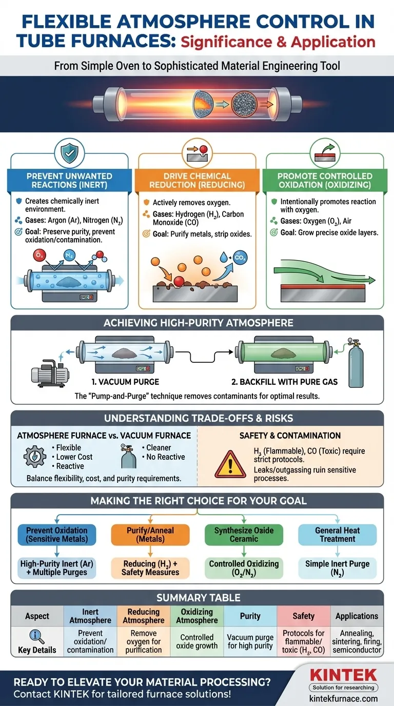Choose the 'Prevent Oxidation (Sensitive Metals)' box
pyautogui.click(x=57, y=534)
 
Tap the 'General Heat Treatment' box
pyautogui.click(x=338, y=534)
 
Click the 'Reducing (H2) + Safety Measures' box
pyautogui.click(x=150, y=567)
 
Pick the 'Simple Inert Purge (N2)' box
pyautogui.click(x=338, y=567)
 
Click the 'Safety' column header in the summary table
pyautogui.click(x=303, y=616)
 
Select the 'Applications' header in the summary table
pyautogui.click(x=357, y=616)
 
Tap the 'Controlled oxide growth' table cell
pyautogui.click(x=197, y=641)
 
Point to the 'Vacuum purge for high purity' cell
pyautogui.click(x=250, y=641)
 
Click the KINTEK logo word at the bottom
pyautogui.click(x=343, y=675)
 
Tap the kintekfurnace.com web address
pyautogui.click(x=344, y=698)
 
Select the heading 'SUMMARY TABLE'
pyautogui.click(x=197, y=598)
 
